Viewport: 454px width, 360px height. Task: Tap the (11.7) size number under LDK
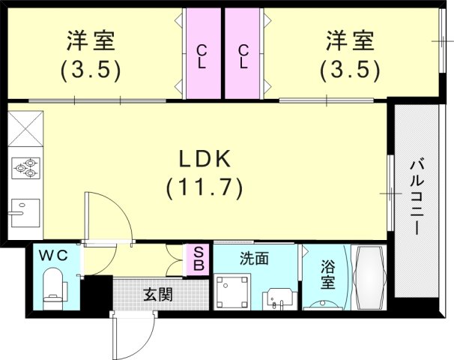click(204, 187)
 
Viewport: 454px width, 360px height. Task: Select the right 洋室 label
click(350, 40)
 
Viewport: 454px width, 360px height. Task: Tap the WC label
click(54, 256)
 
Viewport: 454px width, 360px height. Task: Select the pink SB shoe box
click(199, 259)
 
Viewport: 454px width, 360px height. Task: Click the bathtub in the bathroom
click(369, 278)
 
